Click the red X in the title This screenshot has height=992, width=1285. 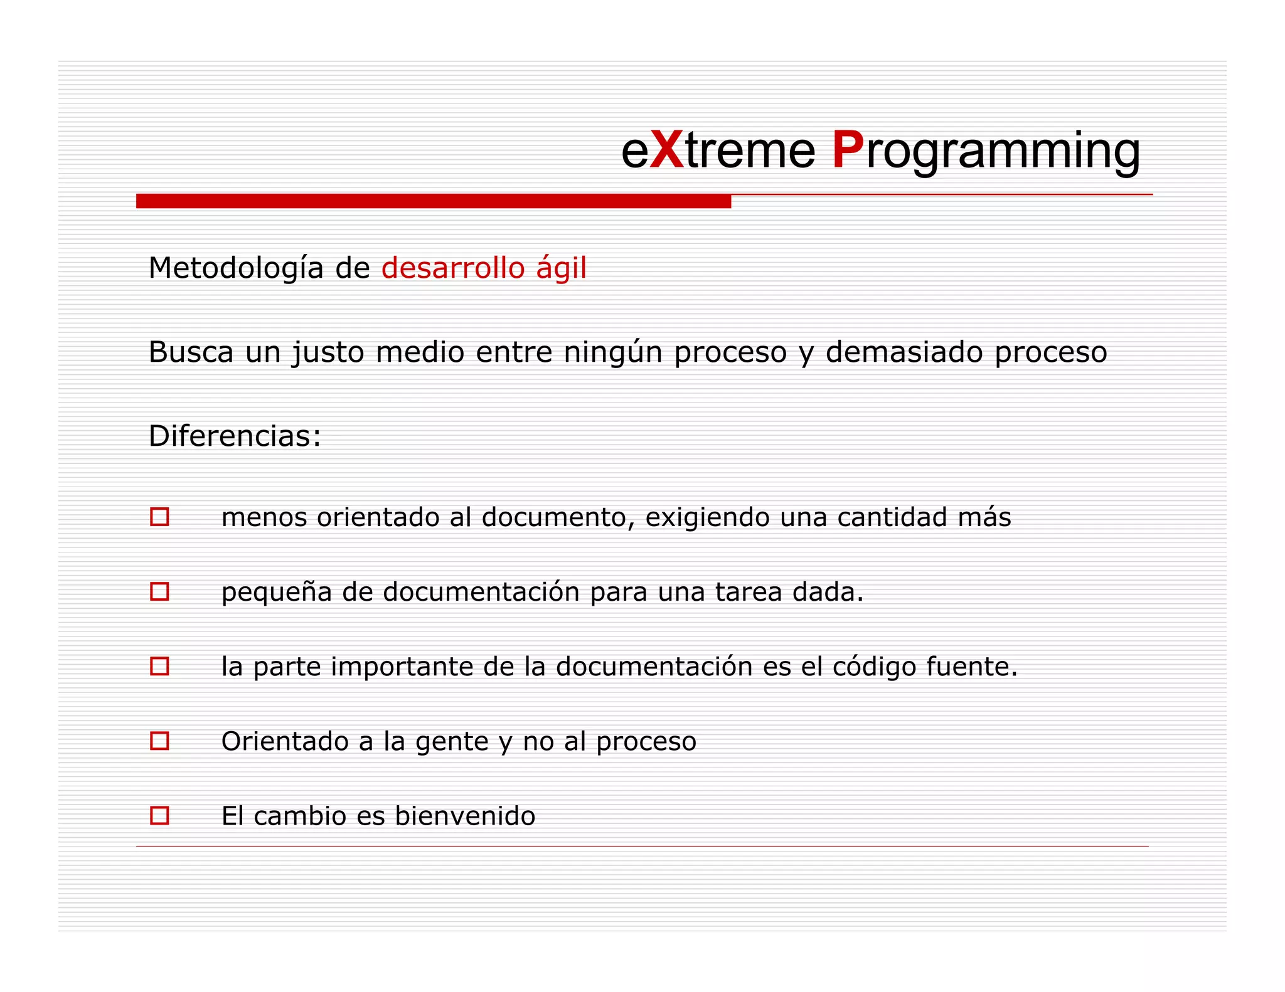667,150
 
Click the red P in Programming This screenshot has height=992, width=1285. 848,150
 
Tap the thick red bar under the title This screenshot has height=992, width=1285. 433,201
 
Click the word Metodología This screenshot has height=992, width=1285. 236,269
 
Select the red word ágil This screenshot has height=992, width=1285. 562,269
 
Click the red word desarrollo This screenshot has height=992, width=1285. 453,268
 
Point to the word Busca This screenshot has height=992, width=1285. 191,352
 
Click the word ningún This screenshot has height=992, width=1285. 613,352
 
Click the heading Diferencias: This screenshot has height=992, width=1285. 235,436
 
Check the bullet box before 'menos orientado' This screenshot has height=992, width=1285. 159,517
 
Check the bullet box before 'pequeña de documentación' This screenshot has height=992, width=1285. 159,591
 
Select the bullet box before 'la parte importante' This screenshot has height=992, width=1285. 159,666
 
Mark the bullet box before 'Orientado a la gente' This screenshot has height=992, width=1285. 159,741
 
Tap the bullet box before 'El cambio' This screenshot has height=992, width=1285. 159,815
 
